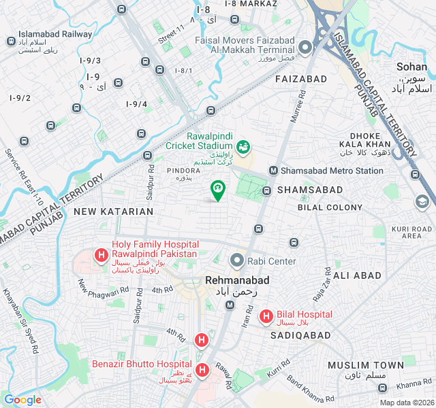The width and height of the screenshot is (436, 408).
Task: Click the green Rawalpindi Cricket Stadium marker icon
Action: click(242, 146)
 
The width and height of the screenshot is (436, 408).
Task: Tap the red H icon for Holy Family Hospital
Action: click(101, 256)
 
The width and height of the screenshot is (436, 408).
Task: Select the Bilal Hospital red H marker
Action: click(266, 316)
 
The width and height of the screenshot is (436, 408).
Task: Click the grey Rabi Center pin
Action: click(236, 260)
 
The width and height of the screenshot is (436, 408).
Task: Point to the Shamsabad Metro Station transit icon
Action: click(274, 171)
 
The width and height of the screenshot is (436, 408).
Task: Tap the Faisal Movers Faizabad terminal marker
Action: click(305, 47)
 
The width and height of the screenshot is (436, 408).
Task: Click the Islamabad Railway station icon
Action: click(12, 41)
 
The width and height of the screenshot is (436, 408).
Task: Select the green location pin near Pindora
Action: click(217, 190)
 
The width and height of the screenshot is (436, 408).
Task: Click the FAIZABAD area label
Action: click(301, 80)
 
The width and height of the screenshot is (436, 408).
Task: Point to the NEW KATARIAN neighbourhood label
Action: click(114, 211)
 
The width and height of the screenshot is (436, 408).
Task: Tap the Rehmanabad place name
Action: click(237, 280)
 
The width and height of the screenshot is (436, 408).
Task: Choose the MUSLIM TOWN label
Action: click(366, 366)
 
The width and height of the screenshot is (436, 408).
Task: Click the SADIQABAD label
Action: click(300, 336)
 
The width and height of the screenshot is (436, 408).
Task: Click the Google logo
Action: click(22, 400)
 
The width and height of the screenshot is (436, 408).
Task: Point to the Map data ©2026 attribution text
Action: click(406, 403)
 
